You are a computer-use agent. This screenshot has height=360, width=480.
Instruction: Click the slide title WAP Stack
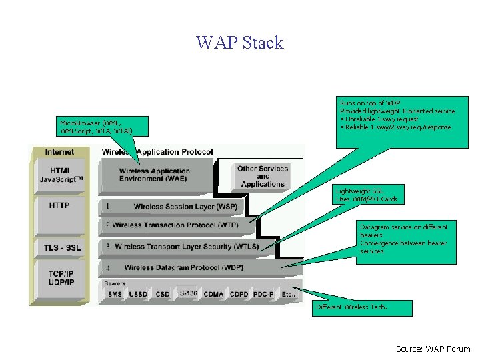tap(240, 43)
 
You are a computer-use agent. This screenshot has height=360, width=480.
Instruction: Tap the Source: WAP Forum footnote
tap(433, 349)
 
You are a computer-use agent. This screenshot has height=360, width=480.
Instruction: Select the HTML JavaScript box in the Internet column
tap(61, 175)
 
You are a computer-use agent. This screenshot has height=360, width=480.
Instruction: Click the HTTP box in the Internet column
tap(59, 205)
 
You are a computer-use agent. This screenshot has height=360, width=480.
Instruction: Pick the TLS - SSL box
tap(62, 248)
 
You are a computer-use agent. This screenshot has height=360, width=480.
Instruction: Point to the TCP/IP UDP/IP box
tap(61, 278)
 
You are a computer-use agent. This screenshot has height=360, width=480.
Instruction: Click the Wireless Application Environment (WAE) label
tap(155, 175)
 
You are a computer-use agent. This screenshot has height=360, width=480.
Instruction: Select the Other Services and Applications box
tap(263, 176)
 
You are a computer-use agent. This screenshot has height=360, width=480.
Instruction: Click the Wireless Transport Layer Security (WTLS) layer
tap(187, 247)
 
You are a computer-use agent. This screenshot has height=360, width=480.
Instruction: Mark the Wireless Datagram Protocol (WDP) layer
tap(183, 267)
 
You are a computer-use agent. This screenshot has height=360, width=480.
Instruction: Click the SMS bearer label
tap(115, 294)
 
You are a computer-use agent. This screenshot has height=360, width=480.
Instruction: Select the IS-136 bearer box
tap(187, 293)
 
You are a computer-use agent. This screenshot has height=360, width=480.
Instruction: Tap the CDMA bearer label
tap(213, 294)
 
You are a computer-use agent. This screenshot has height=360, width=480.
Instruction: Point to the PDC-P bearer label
tap(263, 294)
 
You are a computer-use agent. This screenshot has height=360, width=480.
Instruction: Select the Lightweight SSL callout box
tap(370, 195)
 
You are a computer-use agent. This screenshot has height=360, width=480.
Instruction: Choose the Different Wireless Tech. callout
tap(362, 307)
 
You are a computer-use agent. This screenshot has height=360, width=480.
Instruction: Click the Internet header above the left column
tap(59, 152)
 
